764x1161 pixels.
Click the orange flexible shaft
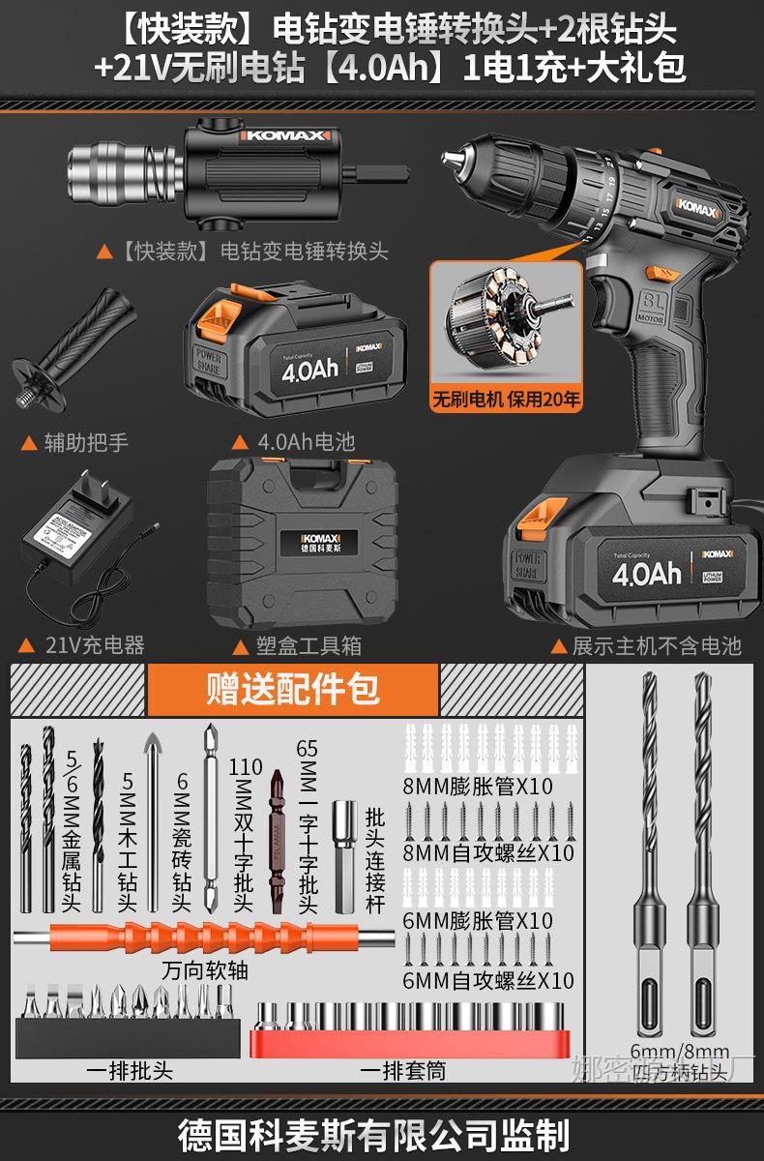(x=203, y=938)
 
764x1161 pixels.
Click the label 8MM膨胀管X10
(x=478, y=787)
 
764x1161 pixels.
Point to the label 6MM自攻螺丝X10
(x=487, y=981)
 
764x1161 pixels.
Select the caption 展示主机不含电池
(x=658, y=645)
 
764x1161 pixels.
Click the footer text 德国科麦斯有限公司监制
(x=382, y=1133)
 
